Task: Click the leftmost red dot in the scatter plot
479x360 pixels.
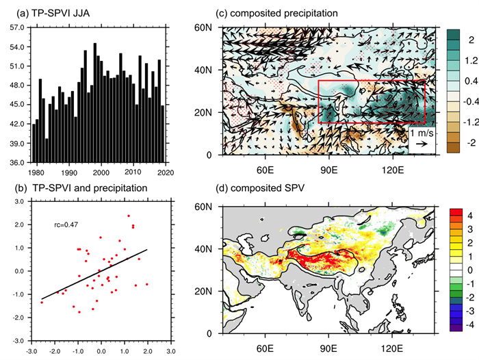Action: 42,302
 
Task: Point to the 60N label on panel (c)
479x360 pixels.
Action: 205,27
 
